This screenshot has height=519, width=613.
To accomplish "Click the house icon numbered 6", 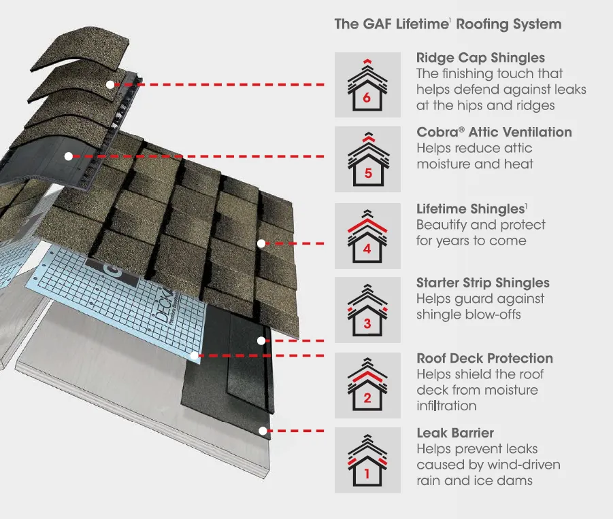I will [367, 84].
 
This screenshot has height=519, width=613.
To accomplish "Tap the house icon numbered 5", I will [367, 159].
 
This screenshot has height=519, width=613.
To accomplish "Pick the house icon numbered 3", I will [367, 309].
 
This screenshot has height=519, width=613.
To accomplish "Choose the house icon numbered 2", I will [367, 385].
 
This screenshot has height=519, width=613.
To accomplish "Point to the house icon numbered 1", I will [367, 460].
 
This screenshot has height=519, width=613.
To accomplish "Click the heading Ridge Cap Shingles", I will [480, 58].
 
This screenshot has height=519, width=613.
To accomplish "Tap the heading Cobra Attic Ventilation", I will [494, 132].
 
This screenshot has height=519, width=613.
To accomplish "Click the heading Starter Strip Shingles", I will [482, 283].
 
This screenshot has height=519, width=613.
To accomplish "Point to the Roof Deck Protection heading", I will [484, 359].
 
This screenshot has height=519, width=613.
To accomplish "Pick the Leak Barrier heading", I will [455, 433].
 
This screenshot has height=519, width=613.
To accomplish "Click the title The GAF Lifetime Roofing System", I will [448, 24].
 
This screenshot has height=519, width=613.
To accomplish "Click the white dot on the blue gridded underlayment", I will [195, 355].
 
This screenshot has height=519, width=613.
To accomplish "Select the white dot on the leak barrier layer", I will [261, 430].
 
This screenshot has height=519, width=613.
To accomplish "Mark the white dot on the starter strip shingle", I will [261, 340].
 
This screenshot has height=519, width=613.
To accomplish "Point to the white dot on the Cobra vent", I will [68, 156].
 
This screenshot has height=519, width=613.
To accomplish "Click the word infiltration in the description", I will [446, 406].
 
